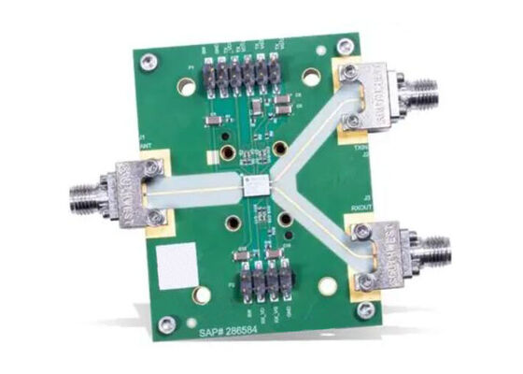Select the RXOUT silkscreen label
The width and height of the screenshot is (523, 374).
pos(361,203)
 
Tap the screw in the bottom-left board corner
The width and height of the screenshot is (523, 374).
pos(167,325)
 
